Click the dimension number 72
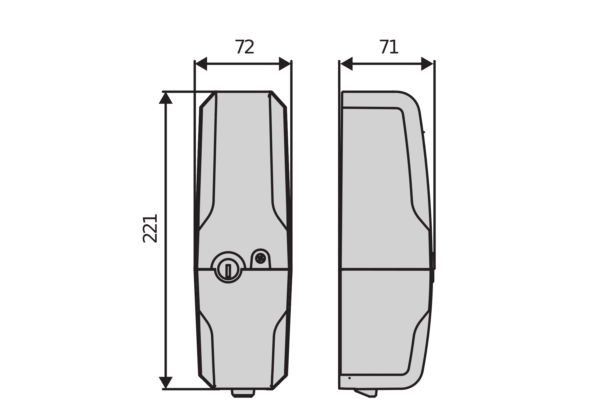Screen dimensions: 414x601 [x=244, y=47]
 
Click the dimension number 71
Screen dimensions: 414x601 [x=389, y=47]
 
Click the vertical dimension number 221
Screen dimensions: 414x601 [x=150, y=229]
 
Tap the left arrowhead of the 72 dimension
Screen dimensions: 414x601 [x=202, y=64]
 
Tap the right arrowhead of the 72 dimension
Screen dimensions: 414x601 [x=284, y=64]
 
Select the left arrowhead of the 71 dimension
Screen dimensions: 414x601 [x=347, y=64]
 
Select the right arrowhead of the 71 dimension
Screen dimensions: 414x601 [x=427, y=64]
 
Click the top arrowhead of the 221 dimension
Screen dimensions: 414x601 [x=166, y=98]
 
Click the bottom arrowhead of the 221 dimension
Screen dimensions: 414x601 [x=166, y=382]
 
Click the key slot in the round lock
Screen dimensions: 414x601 [x=228, y=271]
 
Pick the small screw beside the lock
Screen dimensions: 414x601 [x=260, y=258]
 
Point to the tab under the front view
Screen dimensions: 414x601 [x=243, y=393]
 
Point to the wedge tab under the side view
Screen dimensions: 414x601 [x=367, y=393]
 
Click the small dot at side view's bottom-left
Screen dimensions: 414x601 [x=349, y=378]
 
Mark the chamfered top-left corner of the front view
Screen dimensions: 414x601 [x=207, y=100]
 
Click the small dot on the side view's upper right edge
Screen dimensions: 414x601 [x=424, y=132]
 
